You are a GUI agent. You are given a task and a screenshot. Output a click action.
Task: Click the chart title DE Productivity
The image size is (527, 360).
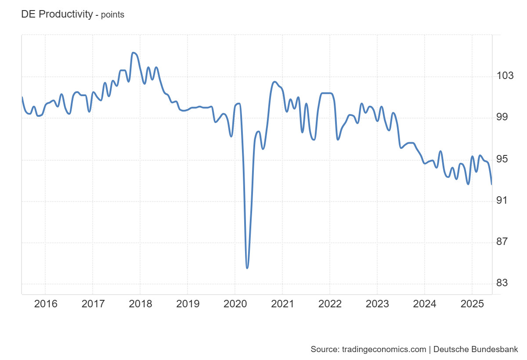pyautogui.click(x=57, y=14)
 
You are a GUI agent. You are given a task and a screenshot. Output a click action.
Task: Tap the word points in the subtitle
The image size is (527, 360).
pyautogui.click(x=112, y=15)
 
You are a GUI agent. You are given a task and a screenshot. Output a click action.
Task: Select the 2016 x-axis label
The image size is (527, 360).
pyautogui.click(x=45, y=304)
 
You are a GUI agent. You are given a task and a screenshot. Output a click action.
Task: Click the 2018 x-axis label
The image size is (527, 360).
pyautogui.click(x=140, y=304)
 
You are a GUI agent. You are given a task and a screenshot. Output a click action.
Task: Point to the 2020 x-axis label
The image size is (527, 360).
pyautogui.click(x=235, y=304)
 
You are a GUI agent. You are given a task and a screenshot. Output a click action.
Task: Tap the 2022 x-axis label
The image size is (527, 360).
pyautogui.click(x=330, y=304)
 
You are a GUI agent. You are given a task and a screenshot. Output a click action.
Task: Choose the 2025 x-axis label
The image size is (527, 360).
pyautogui.click(x=472, y=304)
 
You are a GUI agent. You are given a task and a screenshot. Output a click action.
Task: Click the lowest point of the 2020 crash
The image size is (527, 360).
pyautogui.click(x=247, y=268)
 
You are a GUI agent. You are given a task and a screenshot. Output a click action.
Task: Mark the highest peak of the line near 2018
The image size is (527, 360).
pyautogui.click(x=133, y=53)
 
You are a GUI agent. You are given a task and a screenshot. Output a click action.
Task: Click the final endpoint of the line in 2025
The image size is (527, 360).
pyautogui.click(x=491, y=184)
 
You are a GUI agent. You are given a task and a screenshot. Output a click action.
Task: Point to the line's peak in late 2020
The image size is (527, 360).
pyautogui.click(x=274, y=82)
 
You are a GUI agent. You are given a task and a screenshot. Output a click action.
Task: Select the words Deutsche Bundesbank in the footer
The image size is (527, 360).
pyautogui.click(x=476, y=349)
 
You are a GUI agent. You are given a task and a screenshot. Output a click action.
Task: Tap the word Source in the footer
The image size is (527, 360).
pyautogui.click(x=324, y=349)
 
